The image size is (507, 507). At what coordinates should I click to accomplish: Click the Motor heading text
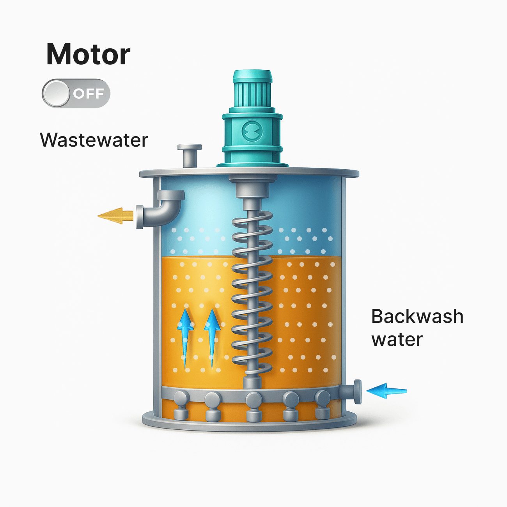pos(88,54)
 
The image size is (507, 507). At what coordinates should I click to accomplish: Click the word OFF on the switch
pos(89,94)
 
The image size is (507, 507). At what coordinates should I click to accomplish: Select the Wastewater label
pos(94,140)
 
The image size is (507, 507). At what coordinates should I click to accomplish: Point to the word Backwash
pos(417,316)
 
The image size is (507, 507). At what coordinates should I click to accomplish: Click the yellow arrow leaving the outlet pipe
pos(116,215)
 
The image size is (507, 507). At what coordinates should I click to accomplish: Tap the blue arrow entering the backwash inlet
pos(386,390)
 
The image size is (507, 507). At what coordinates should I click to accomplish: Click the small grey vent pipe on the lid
pos(190,154)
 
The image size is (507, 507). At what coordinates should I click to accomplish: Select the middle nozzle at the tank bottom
pos(253,406)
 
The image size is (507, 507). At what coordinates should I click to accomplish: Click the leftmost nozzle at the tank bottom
pos(181,406)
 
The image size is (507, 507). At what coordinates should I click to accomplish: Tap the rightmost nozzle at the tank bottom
pos(322,404)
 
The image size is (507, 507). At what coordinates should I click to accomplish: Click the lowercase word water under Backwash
pos(397,340)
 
